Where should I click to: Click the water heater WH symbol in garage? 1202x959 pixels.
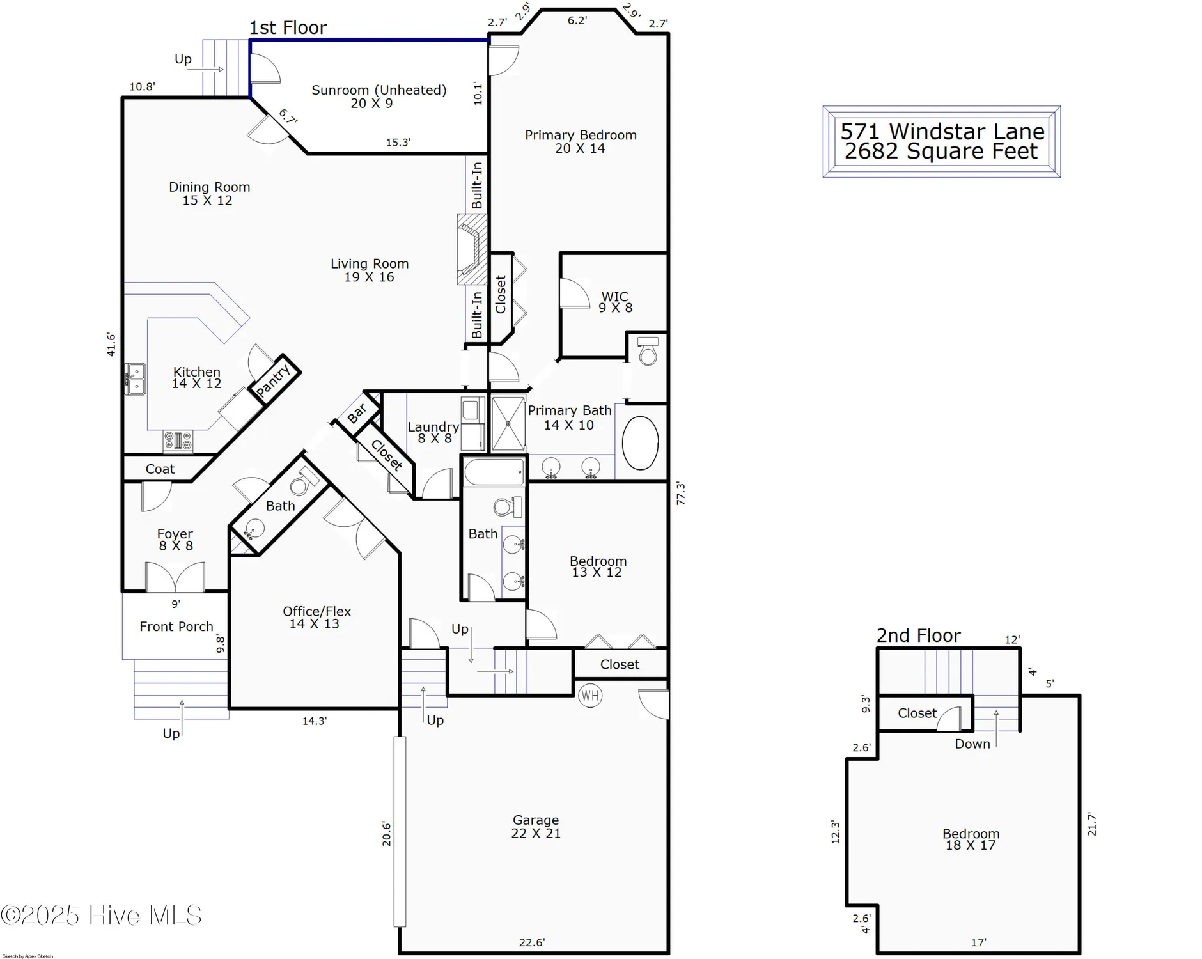(589, 696)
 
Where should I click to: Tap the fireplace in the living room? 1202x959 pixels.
(472, 249)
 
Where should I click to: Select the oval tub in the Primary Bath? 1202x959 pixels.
(640, 443)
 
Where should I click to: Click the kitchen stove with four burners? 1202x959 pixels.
(178, 441)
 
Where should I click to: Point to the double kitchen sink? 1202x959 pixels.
(135, 379)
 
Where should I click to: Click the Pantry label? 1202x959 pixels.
(274, 380)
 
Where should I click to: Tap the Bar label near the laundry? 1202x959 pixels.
(357, 412)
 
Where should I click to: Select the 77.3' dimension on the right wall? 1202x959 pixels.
(681, 494)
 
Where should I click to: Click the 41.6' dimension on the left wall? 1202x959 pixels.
(111, 344)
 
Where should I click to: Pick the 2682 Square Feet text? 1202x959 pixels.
(941, 152)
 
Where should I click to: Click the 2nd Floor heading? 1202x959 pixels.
(918, 635)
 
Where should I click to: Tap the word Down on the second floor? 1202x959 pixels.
(972, 744)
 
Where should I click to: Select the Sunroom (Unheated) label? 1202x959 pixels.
(379, 90)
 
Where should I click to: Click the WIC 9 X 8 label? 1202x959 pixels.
(615, 302)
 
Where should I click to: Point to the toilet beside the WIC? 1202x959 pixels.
(648, 351)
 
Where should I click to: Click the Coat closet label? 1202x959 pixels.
(160, 469)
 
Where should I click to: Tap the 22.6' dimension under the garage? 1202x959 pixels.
(531, 942)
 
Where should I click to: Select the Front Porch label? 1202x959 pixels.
(176, 627)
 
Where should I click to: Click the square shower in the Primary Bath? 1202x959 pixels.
(508, 424)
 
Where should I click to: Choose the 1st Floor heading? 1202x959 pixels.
(288, 28)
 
